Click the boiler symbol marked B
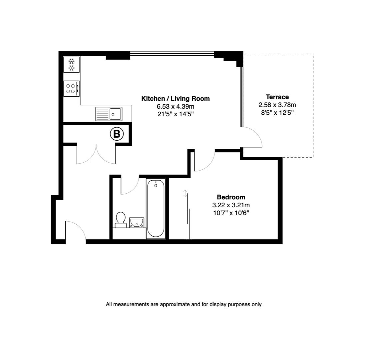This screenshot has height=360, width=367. [117, 134]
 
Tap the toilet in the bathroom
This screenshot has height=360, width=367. [121, 220]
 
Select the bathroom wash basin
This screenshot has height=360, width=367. [137, 222]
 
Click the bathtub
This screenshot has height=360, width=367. [156, 208]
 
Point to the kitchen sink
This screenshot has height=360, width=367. [109, 114]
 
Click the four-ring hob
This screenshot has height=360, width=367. [71, 89]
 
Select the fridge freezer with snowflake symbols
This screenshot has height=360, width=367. [71, 64]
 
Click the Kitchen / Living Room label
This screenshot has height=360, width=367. [176, 99]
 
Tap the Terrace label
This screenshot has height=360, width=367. [277, 97]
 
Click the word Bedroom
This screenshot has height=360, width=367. [231, 197]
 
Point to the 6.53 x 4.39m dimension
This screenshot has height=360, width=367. [176, 107]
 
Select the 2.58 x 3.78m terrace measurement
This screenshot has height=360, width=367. [277, 105]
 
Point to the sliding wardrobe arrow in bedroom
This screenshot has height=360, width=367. [185, 193]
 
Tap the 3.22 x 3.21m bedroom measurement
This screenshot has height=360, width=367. [231, 205]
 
